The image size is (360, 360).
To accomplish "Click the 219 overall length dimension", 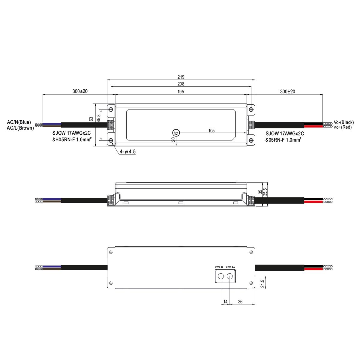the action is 181,77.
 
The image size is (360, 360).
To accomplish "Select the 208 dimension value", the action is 181,84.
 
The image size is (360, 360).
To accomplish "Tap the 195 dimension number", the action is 181,91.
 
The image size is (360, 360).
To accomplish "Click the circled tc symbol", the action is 176,133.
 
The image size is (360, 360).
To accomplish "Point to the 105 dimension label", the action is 211,130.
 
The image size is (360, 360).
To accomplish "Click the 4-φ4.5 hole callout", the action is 127,151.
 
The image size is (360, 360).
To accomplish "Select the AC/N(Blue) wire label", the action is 19,122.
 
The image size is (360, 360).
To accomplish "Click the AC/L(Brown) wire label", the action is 20,128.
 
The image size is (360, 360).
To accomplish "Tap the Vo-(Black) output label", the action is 343,122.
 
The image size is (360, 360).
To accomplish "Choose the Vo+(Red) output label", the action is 342,127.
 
